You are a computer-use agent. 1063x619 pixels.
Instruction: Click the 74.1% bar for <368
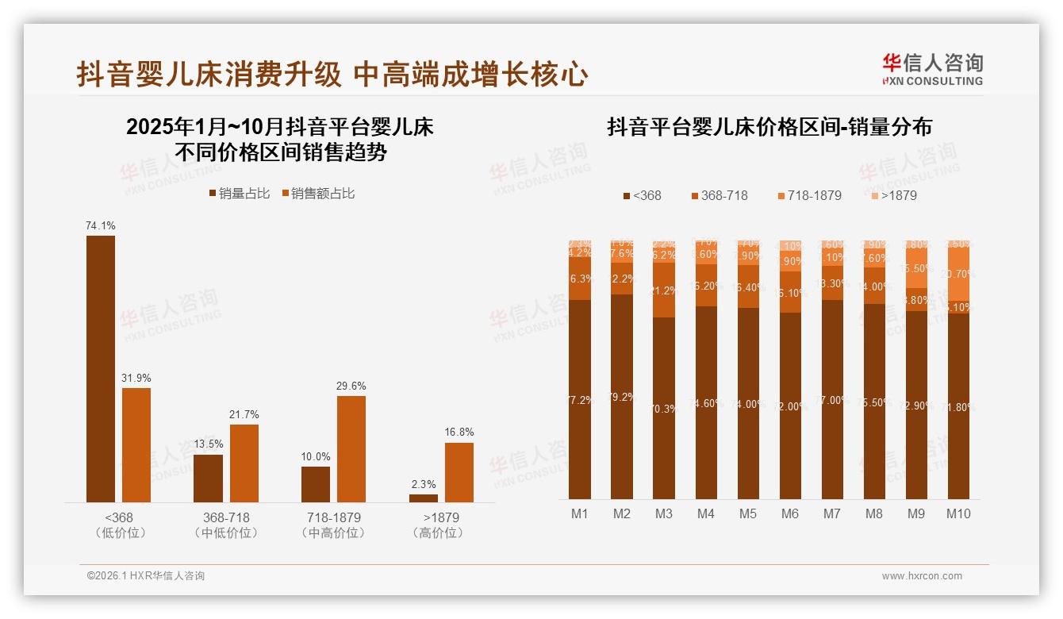[x=101, y=368]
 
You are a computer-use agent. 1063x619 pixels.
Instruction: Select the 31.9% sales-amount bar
[x=136, y=444]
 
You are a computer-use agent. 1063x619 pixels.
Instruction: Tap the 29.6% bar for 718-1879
[x=351, y=448]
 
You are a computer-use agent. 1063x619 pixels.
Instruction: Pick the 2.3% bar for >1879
[x=424, y=498]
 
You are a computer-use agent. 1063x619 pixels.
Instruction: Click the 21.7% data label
[x=245, y=414]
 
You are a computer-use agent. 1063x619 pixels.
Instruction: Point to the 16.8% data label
[x=459, y=433]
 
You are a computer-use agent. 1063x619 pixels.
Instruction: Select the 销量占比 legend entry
[x=240, y=194]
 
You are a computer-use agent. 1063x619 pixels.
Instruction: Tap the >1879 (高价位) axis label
[x=437, y=525]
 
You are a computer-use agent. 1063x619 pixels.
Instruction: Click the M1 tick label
[x=580, y=513]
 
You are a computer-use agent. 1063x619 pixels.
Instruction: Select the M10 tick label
[x=958, y=513]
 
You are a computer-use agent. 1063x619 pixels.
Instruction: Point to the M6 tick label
[x=790, y=513]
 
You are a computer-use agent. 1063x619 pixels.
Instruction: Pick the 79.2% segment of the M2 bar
[x=622, y=397]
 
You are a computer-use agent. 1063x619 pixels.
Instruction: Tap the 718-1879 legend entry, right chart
[x=809, y=195]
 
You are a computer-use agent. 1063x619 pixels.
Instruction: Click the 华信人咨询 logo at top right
[x=932, y=69]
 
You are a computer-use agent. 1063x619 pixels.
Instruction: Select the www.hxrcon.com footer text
[x=922, y=576]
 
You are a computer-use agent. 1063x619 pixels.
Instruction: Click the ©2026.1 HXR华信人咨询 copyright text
[x=146, y=576]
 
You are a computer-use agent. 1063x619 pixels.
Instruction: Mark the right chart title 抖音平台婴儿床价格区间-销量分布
[x=769, y=127]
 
